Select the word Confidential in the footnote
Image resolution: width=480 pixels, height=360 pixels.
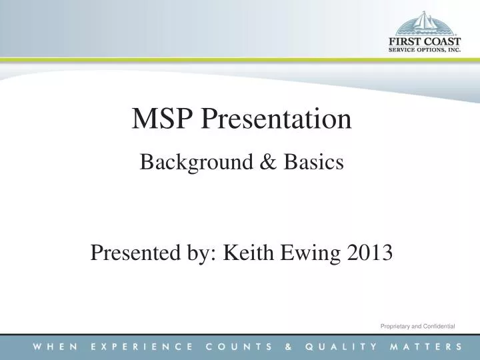pyautogui.click(x=439, y=325)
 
